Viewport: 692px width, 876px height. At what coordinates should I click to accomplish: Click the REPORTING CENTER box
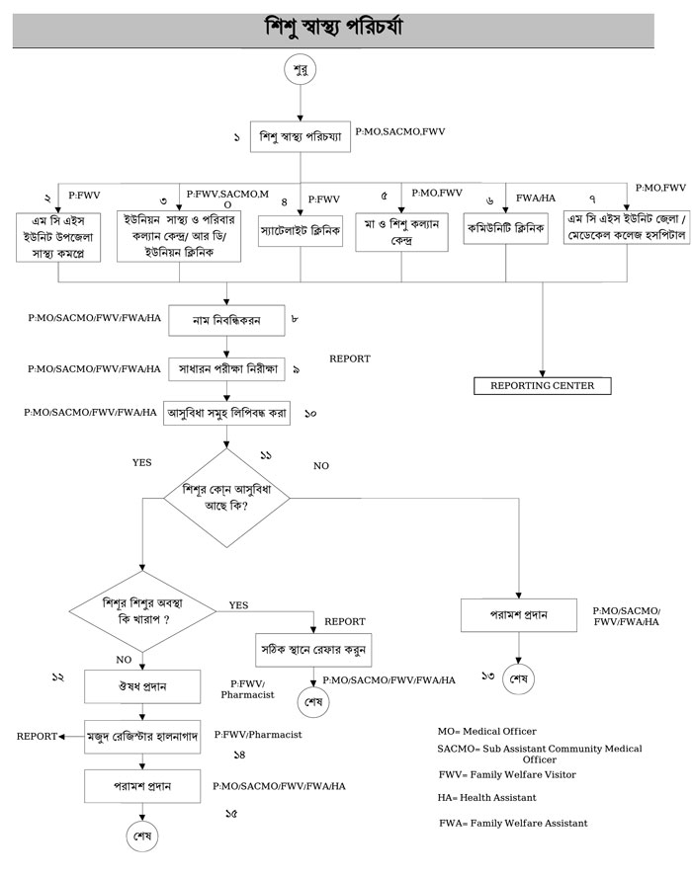(x=542, y=385)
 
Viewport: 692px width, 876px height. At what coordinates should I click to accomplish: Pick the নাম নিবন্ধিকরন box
(x=226, y=320)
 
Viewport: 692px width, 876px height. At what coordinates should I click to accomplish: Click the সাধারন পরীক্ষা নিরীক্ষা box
(x=226, y=369)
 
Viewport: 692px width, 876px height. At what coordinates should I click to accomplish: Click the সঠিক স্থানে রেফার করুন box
(x=313, y=649)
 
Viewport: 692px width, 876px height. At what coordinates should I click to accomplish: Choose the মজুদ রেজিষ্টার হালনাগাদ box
(x=144, y=736)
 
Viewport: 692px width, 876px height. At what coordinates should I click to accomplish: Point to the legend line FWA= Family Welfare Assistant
(x=513, y=823)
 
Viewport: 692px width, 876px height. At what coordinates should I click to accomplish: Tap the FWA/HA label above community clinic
(x=536, y=199)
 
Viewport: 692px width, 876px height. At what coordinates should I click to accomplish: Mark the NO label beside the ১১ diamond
(x=320, y=464)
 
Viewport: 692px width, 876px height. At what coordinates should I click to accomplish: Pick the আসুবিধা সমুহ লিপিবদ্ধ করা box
(x=226, y=413)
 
